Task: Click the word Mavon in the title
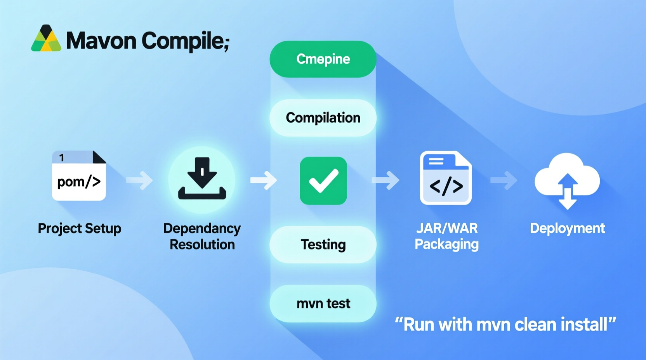pyautogui.click(x=101, y=40)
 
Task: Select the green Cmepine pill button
pyautogui.click(x=323, y=59)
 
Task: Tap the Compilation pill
pyautogui.click(x=323, y=118)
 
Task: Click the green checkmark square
pyautogui.click(x=323, y=181)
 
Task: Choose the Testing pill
pyautogui.click(x=323, y=244)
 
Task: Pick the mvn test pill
pyautogui.click(x=323, y=303)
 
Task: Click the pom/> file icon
pyautogui.click(x=79, y=177)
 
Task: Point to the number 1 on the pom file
pyautogui.click(x=62, y=157)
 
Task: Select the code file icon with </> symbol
pyautogui.click(x=446, y=178)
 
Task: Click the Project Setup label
pyautogui.click(x=80, y=228)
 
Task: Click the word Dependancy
pyautogui.click(x=202, y=228)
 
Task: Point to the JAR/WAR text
pyautogui.click(x=447, y=228)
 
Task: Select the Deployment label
pyautogui.click(x=567, y=228)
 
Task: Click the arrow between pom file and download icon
pyautogui.click(x=140, y=180)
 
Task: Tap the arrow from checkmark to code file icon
pyautogui.click(x=386, y=180)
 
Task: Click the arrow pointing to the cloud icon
pyautogui.click(x=504, y=180)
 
